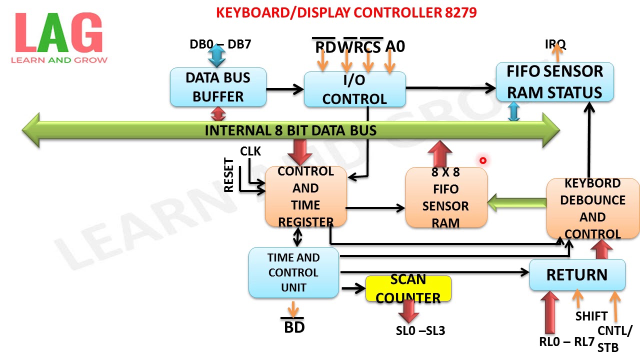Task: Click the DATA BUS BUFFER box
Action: pos(218,87)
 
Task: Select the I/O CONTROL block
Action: pos(354,89)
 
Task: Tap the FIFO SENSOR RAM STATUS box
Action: pos(554,82)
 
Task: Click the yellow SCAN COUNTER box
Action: pos(408,288)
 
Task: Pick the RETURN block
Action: pos(577,274)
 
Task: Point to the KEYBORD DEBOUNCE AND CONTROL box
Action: pos(592,208)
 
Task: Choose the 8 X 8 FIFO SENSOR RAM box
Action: pos(445,197)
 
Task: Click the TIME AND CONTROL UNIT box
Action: pos(293,272)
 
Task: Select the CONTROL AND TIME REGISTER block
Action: pos(305,196)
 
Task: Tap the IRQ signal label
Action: pos(555,45)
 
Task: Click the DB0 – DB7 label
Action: pos(220,44)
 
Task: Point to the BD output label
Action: pos(294,327)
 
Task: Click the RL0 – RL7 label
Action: pos(566,342)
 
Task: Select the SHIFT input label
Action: pos(591,316)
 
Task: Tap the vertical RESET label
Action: pos(229,175)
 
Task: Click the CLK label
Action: pos(250,151)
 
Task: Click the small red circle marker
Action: pos(483,160)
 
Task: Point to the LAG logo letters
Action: pos(59,34)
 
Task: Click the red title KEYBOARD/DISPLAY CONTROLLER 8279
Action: pos(346,12)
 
